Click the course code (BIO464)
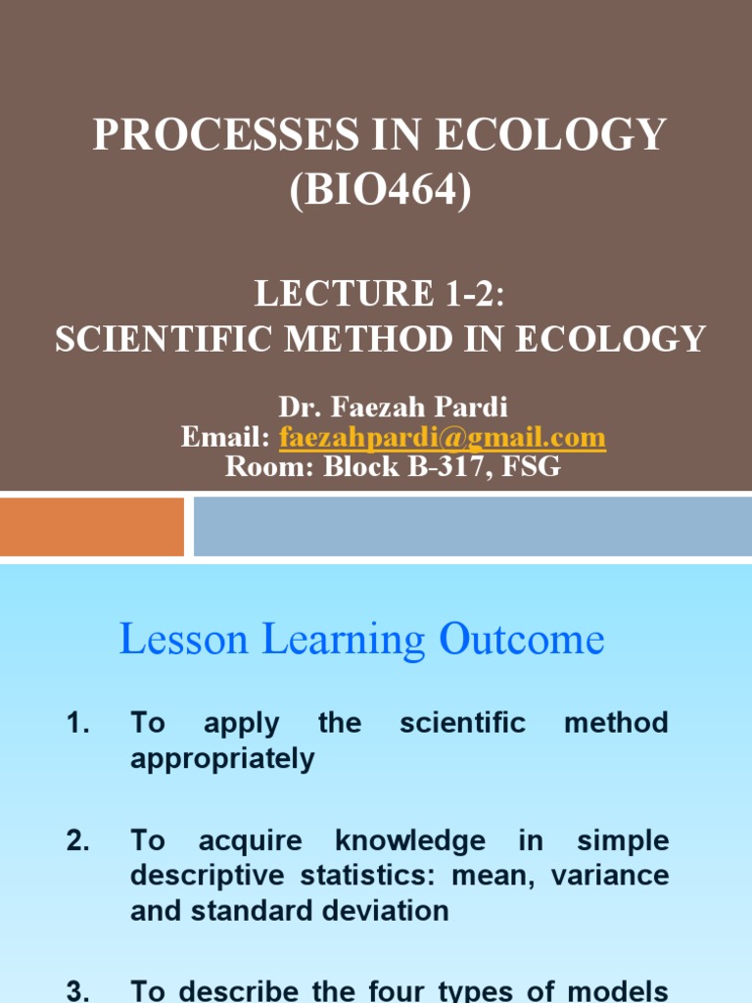point(379,187)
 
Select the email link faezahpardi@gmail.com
point(443,437)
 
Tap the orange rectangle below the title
point(92,526)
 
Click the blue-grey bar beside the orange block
point(472,526)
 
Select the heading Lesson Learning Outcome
point(361,640)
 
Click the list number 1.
point(78,724)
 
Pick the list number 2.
point(78,840)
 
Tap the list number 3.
point(78,990)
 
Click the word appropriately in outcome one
point(222,759)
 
